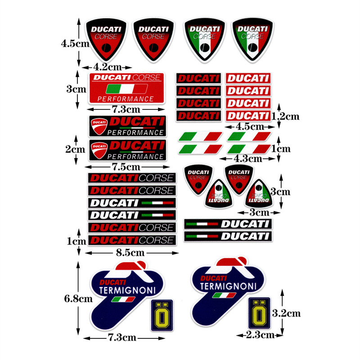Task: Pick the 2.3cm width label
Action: (x=260, y=335)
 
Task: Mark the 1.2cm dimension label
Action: (x=287, y=117)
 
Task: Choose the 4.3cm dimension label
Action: (x=249, y=159)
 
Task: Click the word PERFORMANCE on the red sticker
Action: (x=126, y=99)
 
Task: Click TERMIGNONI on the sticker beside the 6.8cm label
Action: (x=121, y=290)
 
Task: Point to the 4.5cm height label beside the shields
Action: (x=75, y=44)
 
